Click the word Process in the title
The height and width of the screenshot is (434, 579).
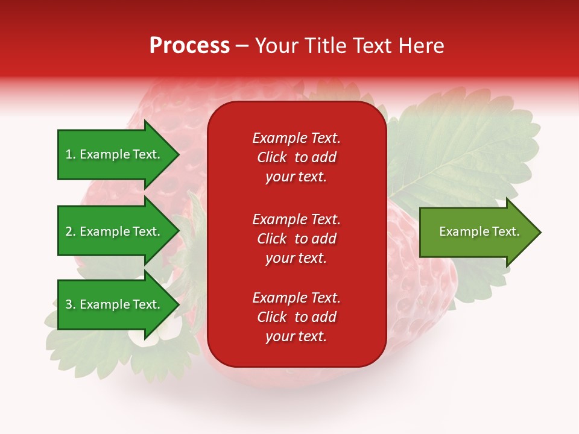189,46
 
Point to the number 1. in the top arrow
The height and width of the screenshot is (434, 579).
71,154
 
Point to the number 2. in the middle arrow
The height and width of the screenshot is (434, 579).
71,231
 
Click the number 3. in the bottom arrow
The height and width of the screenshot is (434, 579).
71,304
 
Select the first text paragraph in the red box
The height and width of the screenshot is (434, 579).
296,157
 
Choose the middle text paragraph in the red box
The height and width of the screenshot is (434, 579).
296,239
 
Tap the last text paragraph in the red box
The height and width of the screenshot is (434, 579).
296,317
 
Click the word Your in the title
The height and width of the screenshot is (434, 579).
276,46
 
